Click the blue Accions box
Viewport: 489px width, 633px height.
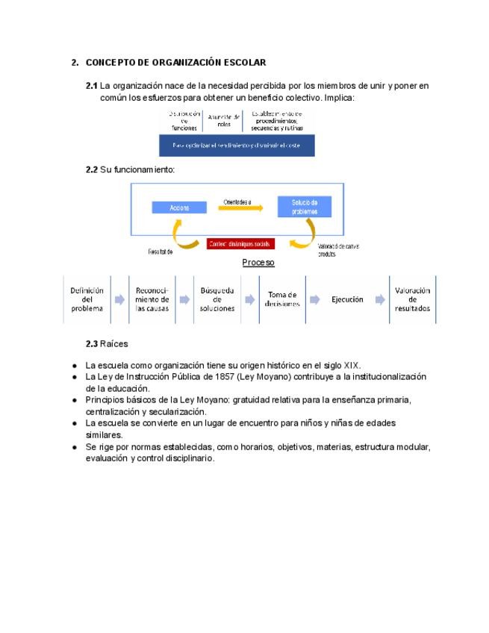pyautogui.click(x=179, y=207)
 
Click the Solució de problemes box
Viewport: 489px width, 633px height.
pyautogui.click(x=304, y=207)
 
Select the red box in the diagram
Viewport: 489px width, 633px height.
pyautogui.click(x=240, y=243)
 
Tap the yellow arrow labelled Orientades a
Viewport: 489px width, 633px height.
pyautogui.click(x=237, y=210)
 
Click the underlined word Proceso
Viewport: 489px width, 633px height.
pyautogui.click(x=258, y=263)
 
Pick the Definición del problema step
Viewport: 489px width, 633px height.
pyautogui.click(x=87, y=299)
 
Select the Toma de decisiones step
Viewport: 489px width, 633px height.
pyautogui.click(x=281, y=299)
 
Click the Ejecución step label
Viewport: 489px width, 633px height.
pyautogui.click(x=347, y=299)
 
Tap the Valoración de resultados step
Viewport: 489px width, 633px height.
pyautogui.click(x=413, y=299)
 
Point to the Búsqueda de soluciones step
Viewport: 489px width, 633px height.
pyautogui.click(x=217, y=299)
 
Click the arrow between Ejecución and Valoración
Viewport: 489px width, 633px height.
pyautogui.click(x=380, y=299)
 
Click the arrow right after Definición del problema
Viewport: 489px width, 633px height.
pyautogui.click(x=119, y=299)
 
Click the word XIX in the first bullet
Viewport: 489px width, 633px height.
pyautogui.click(x=352, y=365)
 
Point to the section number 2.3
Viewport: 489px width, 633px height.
pyautogui.click(x=92, y=343)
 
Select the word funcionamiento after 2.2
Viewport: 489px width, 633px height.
pyautogui.click(x=137, y=169)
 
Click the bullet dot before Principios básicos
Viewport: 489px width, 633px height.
pyautogui.click(x=75, y=400)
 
